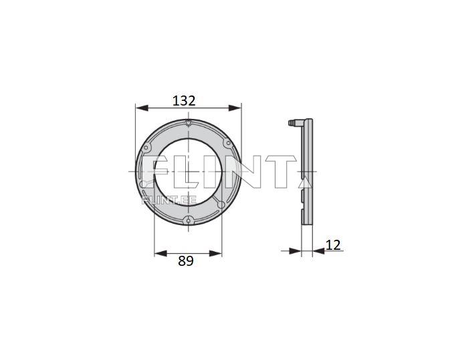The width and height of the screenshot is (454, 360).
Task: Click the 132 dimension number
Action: (x=184, y=101)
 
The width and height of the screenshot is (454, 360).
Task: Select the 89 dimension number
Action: (x=186, y=261)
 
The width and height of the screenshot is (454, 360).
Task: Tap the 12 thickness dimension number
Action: (x=333, y=245)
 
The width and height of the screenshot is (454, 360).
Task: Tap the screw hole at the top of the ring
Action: (x=189, y=124)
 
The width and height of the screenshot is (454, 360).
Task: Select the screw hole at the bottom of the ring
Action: (x=189, y=220)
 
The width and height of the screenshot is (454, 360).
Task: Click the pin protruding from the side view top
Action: (x=293, y=123)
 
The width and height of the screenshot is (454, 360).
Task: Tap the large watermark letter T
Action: (x=281, y=172)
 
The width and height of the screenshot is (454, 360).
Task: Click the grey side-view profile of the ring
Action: (x=308, y=200)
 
